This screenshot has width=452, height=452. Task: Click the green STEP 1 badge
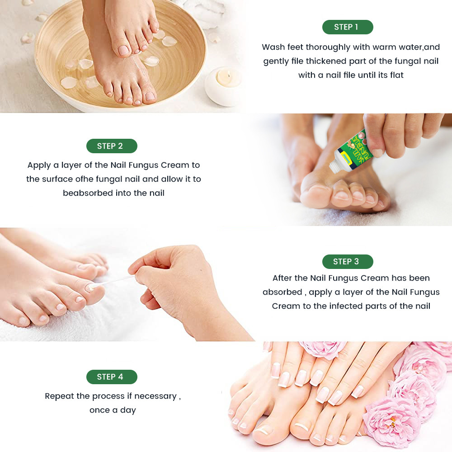coord(348,27)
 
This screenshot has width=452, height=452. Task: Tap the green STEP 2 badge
coord(112,146)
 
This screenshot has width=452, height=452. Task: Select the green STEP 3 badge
coord(348,261)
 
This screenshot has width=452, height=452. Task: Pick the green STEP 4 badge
coord(112,377)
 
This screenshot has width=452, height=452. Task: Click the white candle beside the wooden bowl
coord(223,86)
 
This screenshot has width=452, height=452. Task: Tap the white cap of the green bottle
coord(334,167)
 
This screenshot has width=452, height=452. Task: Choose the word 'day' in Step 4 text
coord(128,410)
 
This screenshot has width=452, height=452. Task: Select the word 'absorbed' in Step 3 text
coord(282,292)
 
